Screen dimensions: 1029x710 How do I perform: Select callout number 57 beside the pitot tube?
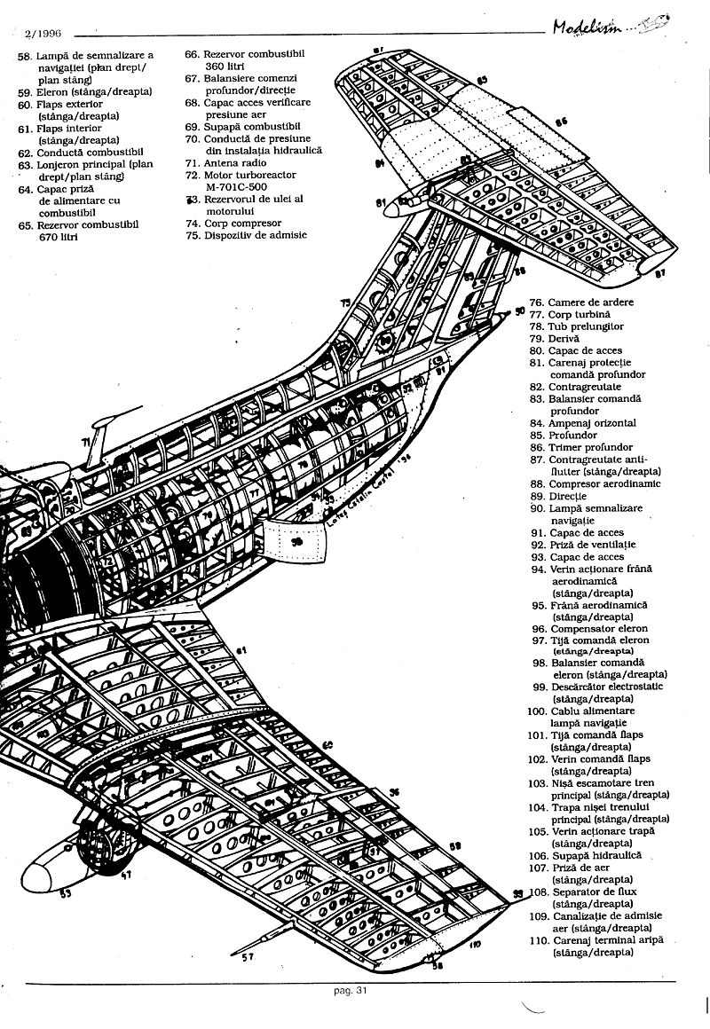pyautogui.click(x=249, y=957)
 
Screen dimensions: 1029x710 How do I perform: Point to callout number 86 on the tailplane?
pyautogui.click(x=561, y=121)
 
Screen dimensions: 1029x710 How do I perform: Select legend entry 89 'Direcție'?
pyautogui.click(x=568, y=496)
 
